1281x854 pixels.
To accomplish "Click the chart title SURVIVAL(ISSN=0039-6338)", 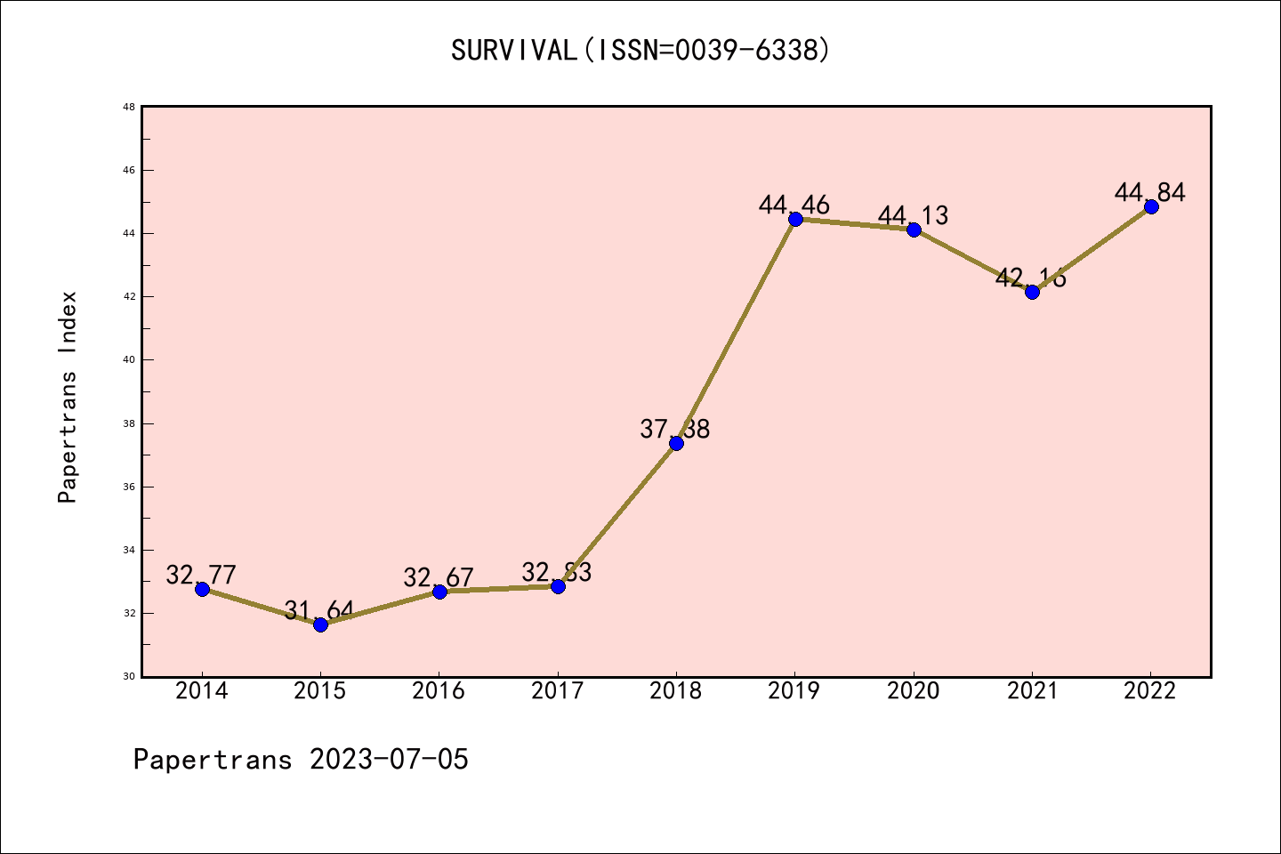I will pyautogui.click(x=640, y=50).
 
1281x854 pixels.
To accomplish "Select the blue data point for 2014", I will pyautogui.click(x=202, y=589).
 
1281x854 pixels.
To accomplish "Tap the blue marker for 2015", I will pyautogui.click(x=320, y=624).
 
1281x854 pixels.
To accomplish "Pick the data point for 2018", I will pyautogui.click(x=676, y=443).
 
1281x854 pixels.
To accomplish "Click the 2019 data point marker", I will pyautogui.click(x=795, y=219).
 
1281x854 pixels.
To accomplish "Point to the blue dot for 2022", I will pyautogui.click(x=1151, y=206).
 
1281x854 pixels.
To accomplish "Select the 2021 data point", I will pyautogui.click(x=1032, y=292).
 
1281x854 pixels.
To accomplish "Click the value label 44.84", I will pyautogui.click(x=1150, y=192).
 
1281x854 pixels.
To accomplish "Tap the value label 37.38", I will pyautogui.click(x=675, y=429).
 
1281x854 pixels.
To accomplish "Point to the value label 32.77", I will pyautogui.click(x=201, y=575).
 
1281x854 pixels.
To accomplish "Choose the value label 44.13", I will pyautogui.click(x=914, y=215).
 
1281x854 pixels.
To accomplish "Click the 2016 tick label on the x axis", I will pyautogui.click(x=439, y=690).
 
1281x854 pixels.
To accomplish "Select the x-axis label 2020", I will pyautogui.click(x=914, y=690).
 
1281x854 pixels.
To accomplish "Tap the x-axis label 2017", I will pyautogui.click(x=558, y=690).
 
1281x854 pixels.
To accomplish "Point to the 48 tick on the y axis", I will pyautogui.click(x=129, y=107).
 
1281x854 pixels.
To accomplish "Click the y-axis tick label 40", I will pyautogui.click(x=129, y=360).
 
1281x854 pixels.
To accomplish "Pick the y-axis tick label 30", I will pyautogui.click(x=129, y=677).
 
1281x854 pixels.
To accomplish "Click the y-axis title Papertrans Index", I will pyautogui.click(x=68, y=397).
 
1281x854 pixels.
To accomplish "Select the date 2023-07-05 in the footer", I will pyautogui.click(x=389, y=760).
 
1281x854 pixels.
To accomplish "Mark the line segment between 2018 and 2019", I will pyautogui.click(x=736, y=331).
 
